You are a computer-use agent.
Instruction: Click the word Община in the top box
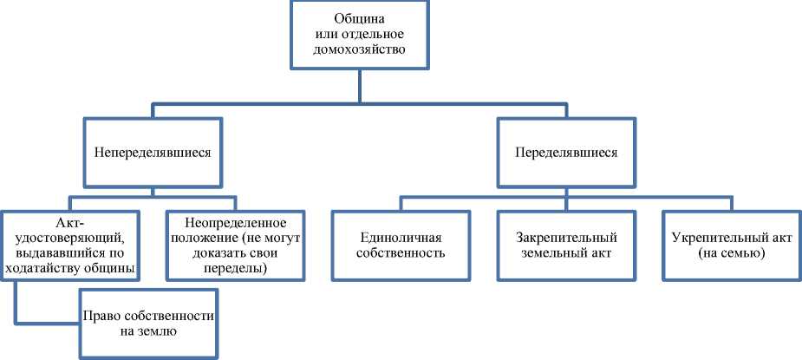(359, 19)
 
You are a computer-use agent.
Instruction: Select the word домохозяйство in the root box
(359, 50)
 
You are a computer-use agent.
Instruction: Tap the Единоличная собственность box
(401, 245)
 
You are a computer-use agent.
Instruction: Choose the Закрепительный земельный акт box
(566, 245)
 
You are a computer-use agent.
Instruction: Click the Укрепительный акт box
(731, 245)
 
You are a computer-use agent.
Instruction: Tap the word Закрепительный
(566, 237)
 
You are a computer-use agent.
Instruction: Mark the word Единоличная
(401, 237)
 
